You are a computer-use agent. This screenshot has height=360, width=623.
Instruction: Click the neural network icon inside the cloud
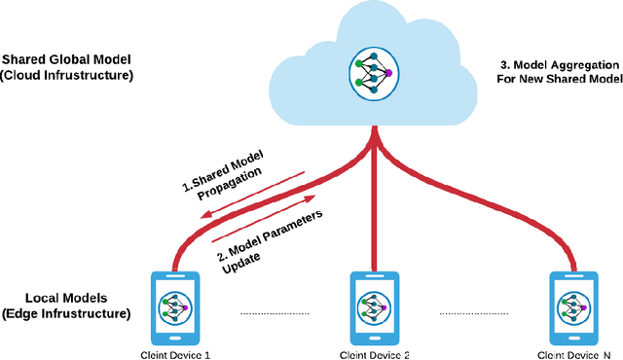coord(374,74)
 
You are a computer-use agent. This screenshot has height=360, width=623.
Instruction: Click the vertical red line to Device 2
coord(376,214)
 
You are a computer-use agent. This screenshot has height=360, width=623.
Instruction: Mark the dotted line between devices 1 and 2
coord(275,313)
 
